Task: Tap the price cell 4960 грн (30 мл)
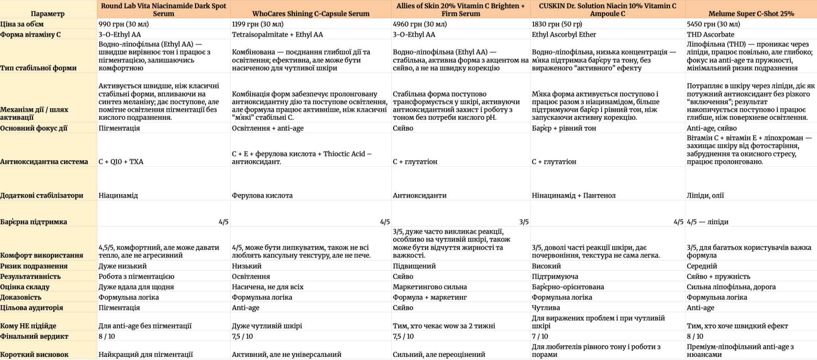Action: (420, 24)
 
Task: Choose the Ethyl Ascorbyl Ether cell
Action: (564, 34)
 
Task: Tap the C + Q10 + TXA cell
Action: (121, 162)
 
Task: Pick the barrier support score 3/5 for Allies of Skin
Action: (524, 222)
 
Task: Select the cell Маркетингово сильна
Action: (430, 287)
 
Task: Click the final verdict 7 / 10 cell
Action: (540, 336)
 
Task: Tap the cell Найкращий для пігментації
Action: (145, 354)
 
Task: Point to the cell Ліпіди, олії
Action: (705, 195)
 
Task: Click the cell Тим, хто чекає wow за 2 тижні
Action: (444, 326)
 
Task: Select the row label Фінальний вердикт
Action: (34, 336)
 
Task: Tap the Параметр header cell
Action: (48, 13)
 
